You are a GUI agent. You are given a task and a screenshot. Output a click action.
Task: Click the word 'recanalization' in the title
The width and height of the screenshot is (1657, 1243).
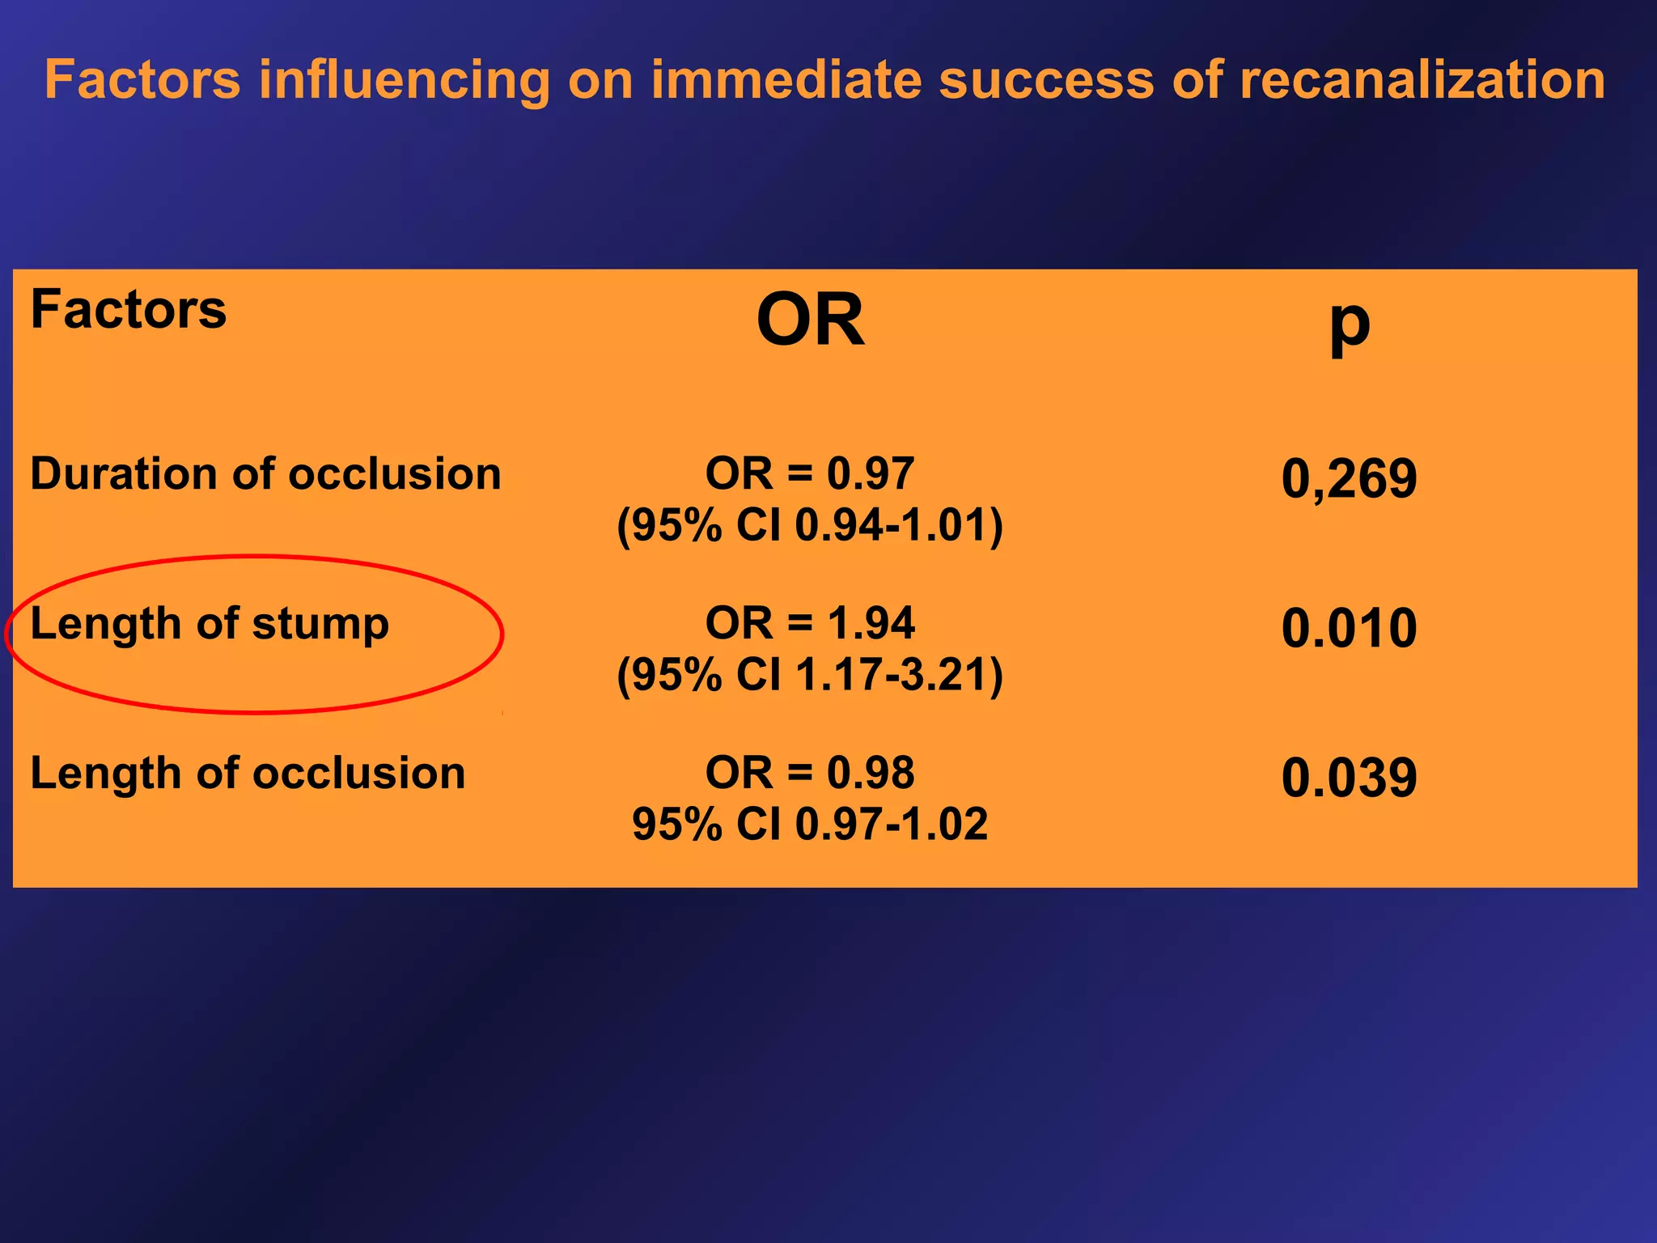click(x=1422, y=79)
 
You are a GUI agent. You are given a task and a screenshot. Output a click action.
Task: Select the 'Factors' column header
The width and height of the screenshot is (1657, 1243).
click(x=129, y=309)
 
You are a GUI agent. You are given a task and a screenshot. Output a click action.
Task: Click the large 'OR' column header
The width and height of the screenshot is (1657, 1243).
click(x=810, y=320)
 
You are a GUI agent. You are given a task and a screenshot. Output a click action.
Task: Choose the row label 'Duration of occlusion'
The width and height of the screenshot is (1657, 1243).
click(x=265, y=473)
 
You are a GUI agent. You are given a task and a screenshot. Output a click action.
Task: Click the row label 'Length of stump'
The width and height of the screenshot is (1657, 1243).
click(x=210, y=623)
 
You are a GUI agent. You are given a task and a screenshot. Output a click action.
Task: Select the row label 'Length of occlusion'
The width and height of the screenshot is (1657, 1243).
click(x=248, y=773)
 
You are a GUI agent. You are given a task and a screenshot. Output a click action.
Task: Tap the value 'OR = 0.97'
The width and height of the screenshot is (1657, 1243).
click(x=810, y=473)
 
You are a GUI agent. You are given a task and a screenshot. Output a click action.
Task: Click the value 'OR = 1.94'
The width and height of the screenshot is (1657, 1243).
click(x=810, y=623)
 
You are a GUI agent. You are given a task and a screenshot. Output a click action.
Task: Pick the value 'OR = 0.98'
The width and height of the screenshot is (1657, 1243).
click(x=810, y=773)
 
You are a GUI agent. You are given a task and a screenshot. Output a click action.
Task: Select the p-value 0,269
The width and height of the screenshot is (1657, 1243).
click(x=1349, y=478)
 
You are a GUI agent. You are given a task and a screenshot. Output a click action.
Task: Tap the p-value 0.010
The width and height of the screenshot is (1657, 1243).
click(x=1349, y=628)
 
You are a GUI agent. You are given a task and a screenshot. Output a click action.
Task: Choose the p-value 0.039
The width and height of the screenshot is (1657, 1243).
click(x=1349, y=778)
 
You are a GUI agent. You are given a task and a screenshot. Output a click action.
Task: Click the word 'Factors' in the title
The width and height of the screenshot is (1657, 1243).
click(x=142, y=79)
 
